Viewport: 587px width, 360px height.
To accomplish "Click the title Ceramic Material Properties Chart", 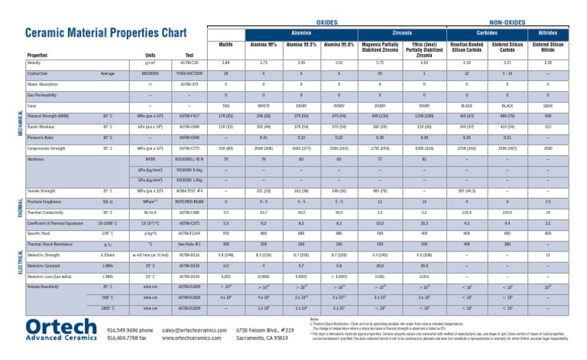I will pos(105,34).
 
